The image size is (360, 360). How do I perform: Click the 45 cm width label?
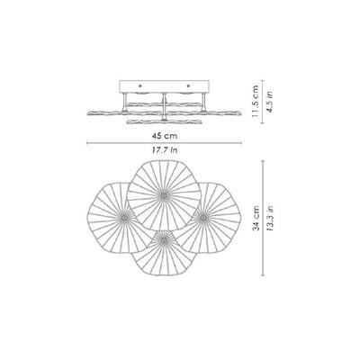point(165,136)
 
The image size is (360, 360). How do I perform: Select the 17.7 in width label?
point(165,150)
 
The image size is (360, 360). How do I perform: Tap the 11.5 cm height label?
point(255,101)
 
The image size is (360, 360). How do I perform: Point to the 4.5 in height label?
point(271,102)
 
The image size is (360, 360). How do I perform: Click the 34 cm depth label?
point(256,218)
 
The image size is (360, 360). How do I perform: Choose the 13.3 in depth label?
point(270,218)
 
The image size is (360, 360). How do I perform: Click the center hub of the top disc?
point(164,196)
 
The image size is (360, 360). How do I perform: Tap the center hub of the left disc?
point(124,217)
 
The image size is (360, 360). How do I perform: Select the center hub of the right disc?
point(203,217)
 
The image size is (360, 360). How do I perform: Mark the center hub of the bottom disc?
point(164,239)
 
